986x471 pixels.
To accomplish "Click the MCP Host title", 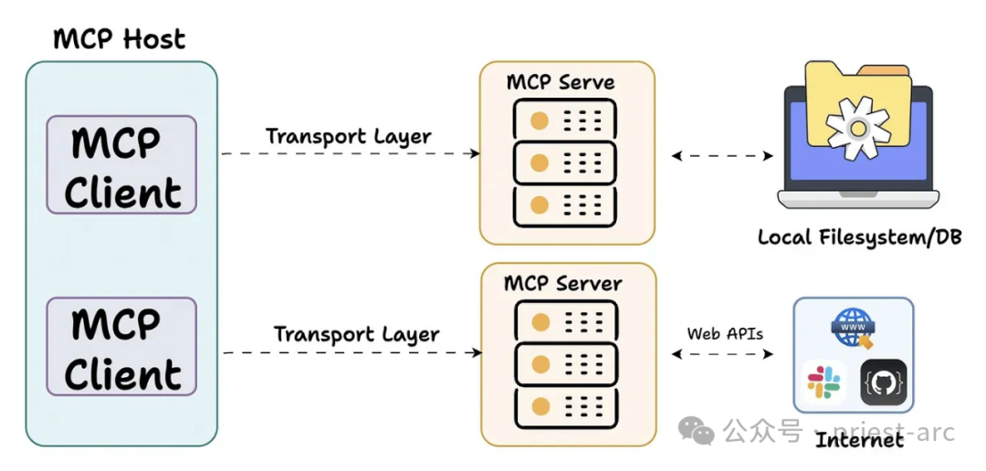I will (120, 39).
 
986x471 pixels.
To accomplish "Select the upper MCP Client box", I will (121, 165).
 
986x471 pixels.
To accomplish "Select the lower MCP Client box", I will (121, 347).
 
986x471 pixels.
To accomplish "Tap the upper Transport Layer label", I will (349, 137).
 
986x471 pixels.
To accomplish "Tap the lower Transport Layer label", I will (357, 334).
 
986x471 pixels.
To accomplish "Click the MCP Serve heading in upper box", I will (561, 82).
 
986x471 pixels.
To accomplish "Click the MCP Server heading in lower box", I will (563, 283).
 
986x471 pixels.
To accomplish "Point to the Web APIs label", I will (725, 333).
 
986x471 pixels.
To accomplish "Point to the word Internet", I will (859, 440).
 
